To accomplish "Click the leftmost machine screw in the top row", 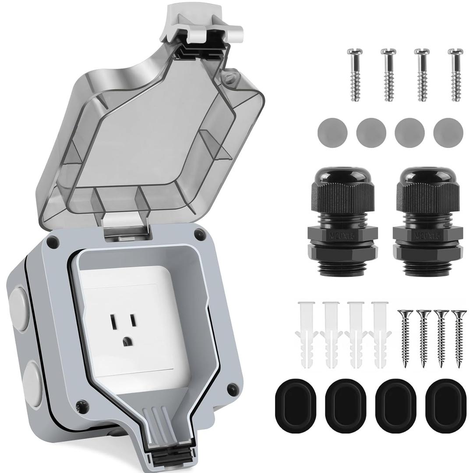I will pyautogui.click(x=353, y=74).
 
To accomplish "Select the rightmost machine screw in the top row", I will pyautogui.click(x=455, y=74).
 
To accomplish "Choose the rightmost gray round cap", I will pyautogui.click(x=448, y=132).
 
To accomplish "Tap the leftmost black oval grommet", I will pyautogui.click(x=295, y=399).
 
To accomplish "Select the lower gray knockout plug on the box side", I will pyautogui.click(x=32, y=379).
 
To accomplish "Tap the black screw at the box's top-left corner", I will pyautogui.click(x=53, y=240).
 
